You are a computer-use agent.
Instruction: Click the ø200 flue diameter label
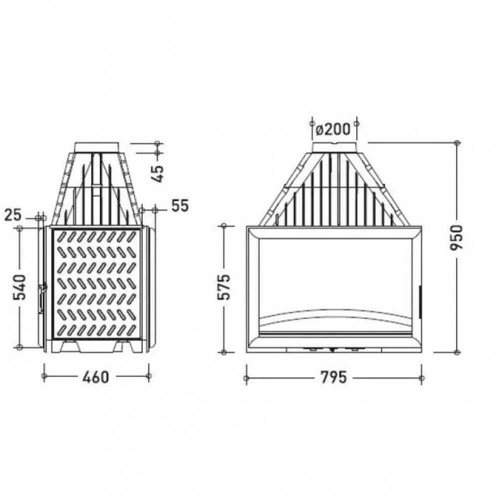click(x=333, y=129)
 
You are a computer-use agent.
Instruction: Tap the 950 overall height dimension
click(x=457, y=237)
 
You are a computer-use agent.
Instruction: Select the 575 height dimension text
click(x=224, y=286)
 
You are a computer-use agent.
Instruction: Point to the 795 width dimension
click(x=333, y=377)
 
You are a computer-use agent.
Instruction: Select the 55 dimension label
click(x=180, y=206)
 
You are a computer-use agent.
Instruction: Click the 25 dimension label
click(x=13, y=215)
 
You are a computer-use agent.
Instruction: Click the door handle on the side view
click(x=42, y=298)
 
